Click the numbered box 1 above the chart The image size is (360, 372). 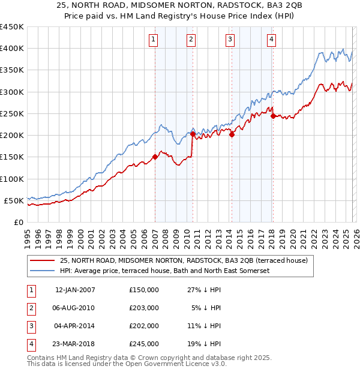[154, 40]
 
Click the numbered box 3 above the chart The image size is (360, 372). [230, 40]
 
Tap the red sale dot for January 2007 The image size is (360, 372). [155, 157]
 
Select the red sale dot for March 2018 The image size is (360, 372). [273, 116]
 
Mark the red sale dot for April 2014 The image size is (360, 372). [232, 134]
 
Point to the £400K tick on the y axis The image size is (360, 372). [13, 49]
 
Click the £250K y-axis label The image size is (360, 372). [13, 113]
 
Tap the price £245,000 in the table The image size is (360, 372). [144, 344]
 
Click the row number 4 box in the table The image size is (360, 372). [30, 344]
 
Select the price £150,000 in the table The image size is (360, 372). [144, 290]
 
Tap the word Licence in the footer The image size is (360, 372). [194, 364]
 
